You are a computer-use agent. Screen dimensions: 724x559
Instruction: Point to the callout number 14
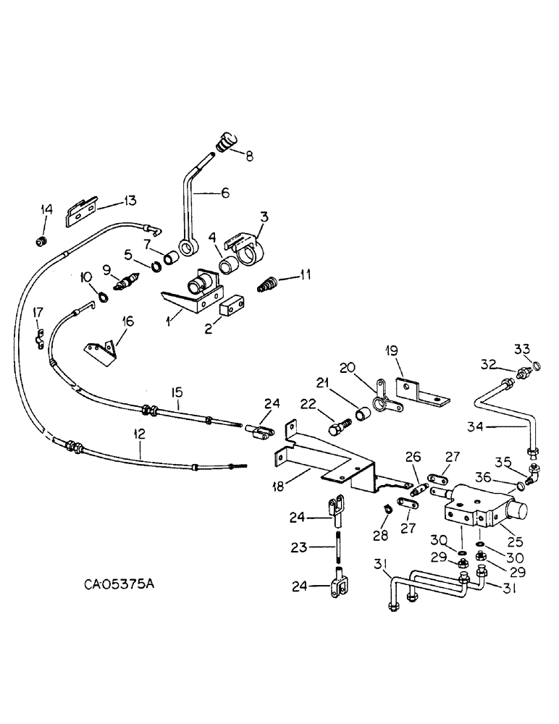point(47,209)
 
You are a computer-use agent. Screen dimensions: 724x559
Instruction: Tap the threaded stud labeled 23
point(339,548)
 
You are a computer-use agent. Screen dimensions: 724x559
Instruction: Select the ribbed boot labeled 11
point(269,282)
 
